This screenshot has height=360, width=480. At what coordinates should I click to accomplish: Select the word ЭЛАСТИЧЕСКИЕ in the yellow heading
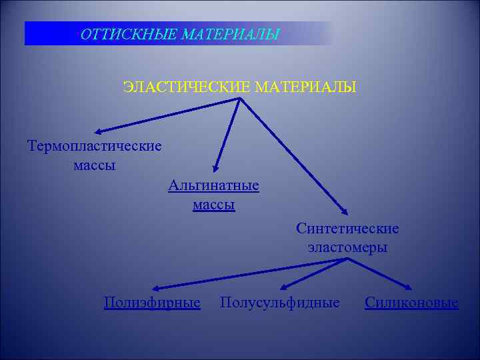(x=187, y=87)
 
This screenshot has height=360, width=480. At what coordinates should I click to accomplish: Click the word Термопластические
(x=95, y=145)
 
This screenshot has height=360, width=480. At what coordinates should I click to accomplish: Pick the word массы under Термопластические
(x=95, y=165)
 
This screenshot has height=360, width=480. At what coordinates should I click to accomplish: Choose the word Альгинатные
(x=214, y=185)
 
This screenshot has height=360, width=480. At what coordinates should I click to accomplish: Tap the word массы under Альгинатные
(x=214, y=205)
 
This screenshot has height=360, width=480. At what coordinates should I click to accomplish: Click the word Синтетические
(x=348, y=229)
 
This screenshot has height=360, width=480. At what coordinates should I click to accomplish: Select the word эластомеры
(x=348, y=247)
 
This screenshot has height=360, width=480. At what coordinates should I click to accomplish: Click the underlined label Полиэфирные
(x=153, y=303)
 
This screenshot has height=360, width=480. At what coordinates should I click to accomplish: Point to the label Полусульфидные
(x=279, y=303)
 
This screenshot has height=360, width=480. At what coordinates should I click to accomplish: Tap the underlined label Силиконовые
(x=411, y=303)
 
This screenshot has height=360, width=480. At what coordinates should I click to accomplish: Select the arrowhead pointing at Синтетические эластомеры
(x=345, y=213)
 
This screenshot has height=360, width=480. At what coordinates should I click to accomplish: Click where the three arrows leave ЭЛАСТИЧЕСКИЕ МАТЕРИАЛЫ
(x=239, y=100)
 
